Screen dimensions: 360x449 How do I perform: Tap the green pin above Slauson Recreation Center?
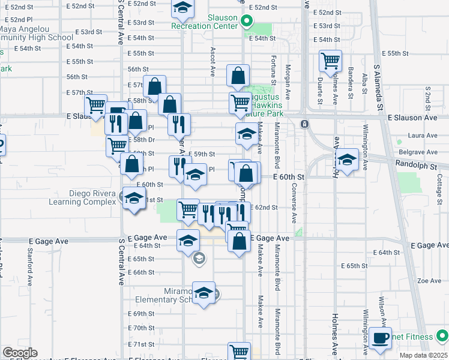pos(246,22)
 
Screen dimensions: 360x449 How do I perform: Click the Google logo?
pos(20,353)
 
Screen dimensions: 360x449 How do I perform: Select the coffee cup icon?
pos(380,338)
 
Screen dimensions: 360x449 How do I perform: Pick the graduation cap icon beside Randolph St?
pos(347,160)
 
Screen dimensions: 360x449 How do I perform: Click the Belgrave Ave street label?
pos(416,153)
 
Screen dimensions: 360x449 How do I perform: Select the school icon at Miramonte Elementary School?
pos(203,294)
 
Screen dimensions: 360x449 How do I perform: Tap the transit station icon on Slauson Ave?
pos(304,124)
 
